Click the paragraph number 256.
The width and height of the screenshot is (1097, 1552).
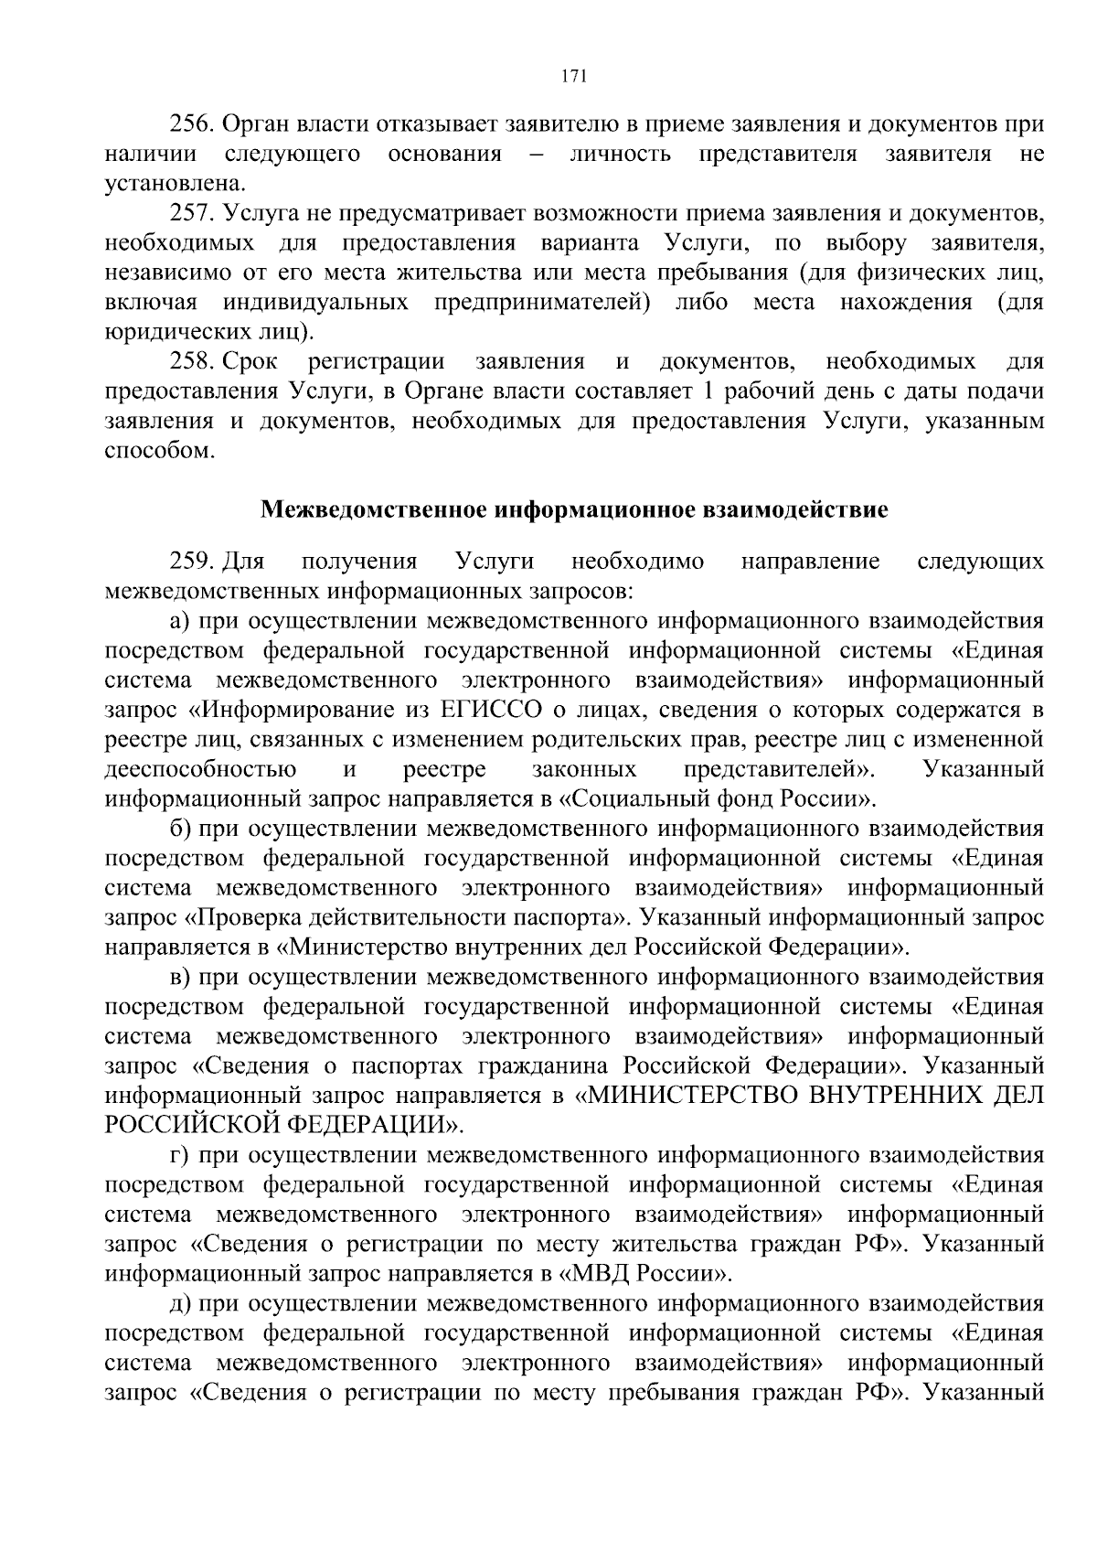coord(192,124)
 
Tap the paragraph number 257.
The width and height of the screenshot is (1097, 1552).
coord(192,214)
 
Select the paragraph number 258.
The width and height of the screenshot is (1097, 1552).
coord(192,362)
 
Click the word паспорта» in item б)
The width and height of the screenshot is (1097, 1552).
coord(579,917)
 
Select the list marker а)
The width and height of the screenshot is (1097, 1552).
coord(179,621)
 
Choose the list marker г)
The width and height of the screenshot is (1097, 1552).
coord(179,1155)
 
